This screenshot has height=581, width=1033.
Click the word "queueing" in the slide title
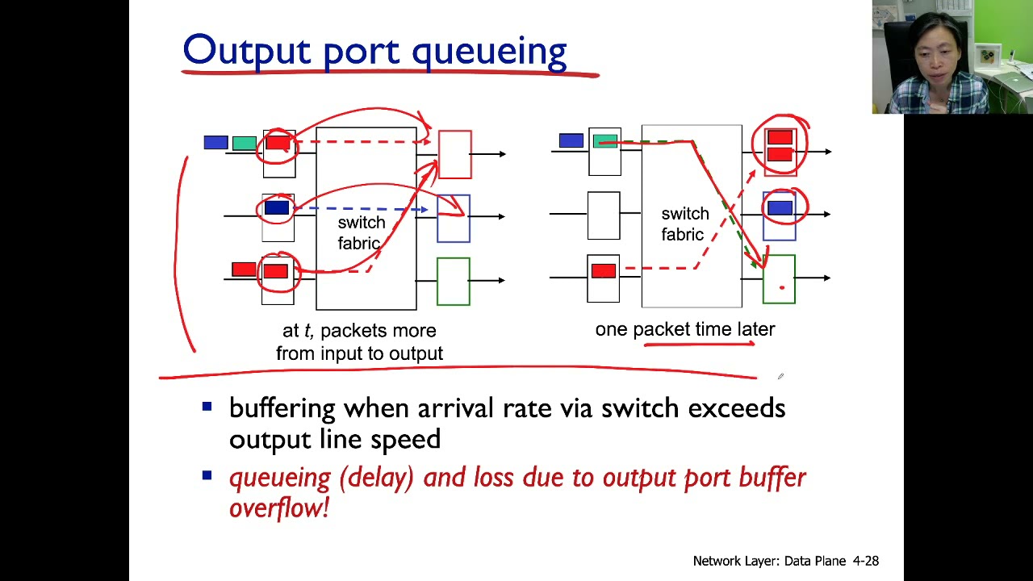click(x=489, y=52)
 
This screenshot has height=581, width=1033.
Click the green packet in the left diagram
click(x=244, y=144)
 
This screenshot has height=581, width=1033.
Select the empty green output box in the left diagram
click(x=454, y=282)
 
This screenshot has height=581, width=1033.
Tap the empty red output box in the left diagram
click(x=455, y=154)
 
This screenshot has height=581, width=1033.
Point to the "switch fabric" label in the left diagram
click(x=361, y=232)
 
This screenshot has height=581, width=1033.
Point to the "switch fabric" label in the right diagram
click(x=684, y=224)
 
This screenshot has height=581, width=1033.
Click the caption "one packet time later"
click(x=684, y=329)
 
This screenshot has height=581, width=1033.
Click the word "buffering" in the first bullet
click(x=282, y=408)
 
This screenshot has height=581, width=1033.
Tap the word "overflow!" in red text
click(x=279, y=508)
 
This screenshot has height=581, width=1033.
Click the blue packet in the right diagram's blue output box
click(x=780, y=208)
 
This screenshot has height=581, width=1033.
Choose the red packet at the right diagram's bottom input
click(x=604, y=271)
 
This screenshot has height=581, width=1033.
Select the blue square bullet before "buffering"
click(x=207, y=407)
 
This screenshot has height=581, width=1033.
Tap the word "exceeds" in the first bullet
click(x=736, y=408)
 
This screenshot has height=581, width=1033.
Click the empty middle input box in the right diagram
click(x=604, y=215)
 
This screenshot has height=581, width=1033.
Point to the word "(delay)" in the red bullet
click(x=376, y=478)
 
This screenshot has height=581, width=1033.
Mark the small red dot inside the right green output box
click(x=781, y=287)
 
